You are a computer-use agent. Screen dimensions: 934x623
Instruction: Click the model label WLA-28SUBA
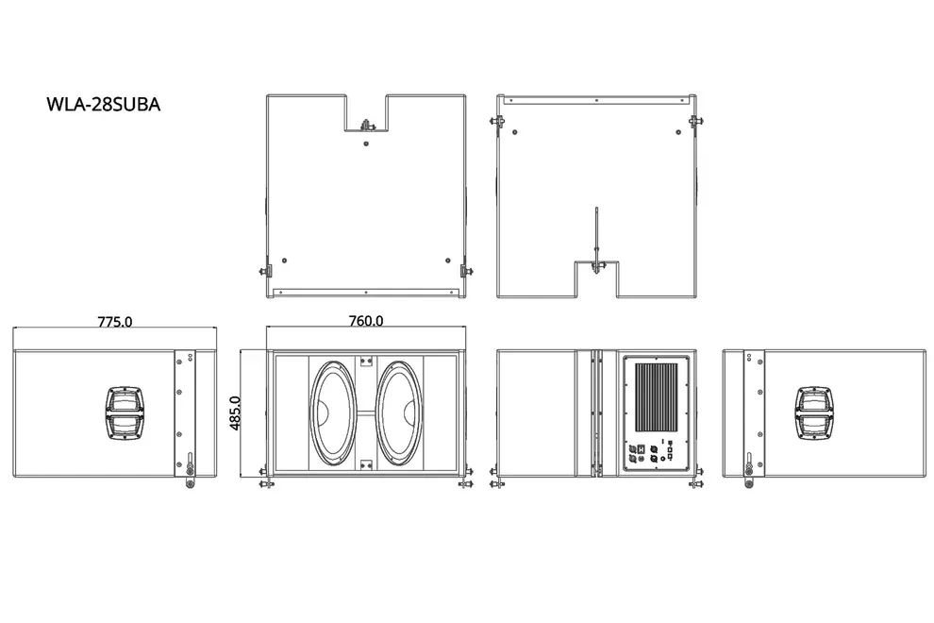(103, 105)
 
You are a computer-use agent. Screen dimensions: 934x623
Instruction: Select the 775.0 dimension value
(115, 322)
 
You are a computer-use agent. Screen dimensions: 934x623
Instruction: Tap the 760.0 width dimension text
(366, 321)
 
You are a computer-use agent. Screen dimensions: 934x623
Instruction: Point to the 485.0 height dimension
(235, 413)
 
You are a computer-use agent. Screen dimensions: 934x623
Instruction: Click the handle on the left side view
(125, 413)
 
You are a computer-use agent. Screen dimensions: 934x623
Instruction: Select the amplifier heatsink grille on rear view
(657, 397)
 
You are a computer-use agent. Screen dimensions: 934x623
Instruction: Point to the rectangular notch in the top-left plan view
(366, 112)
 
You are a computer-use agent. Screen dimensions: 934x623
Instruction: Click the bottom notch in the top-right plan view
(596, 279)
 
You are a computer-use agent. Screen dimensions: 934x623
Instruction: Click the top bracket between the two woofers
(366, 361)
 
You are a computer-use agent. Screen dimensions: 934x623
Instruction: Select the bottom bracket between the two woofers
(366, 463)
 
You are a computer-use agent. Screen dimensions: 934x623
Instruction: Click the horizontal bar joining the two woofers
(366, 413)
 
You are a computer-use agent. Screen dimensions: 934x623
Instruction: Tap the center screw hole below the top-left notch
(366, 143)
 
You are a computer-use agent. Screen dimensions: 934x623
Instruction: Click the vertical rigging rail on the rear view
(595, 413)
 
